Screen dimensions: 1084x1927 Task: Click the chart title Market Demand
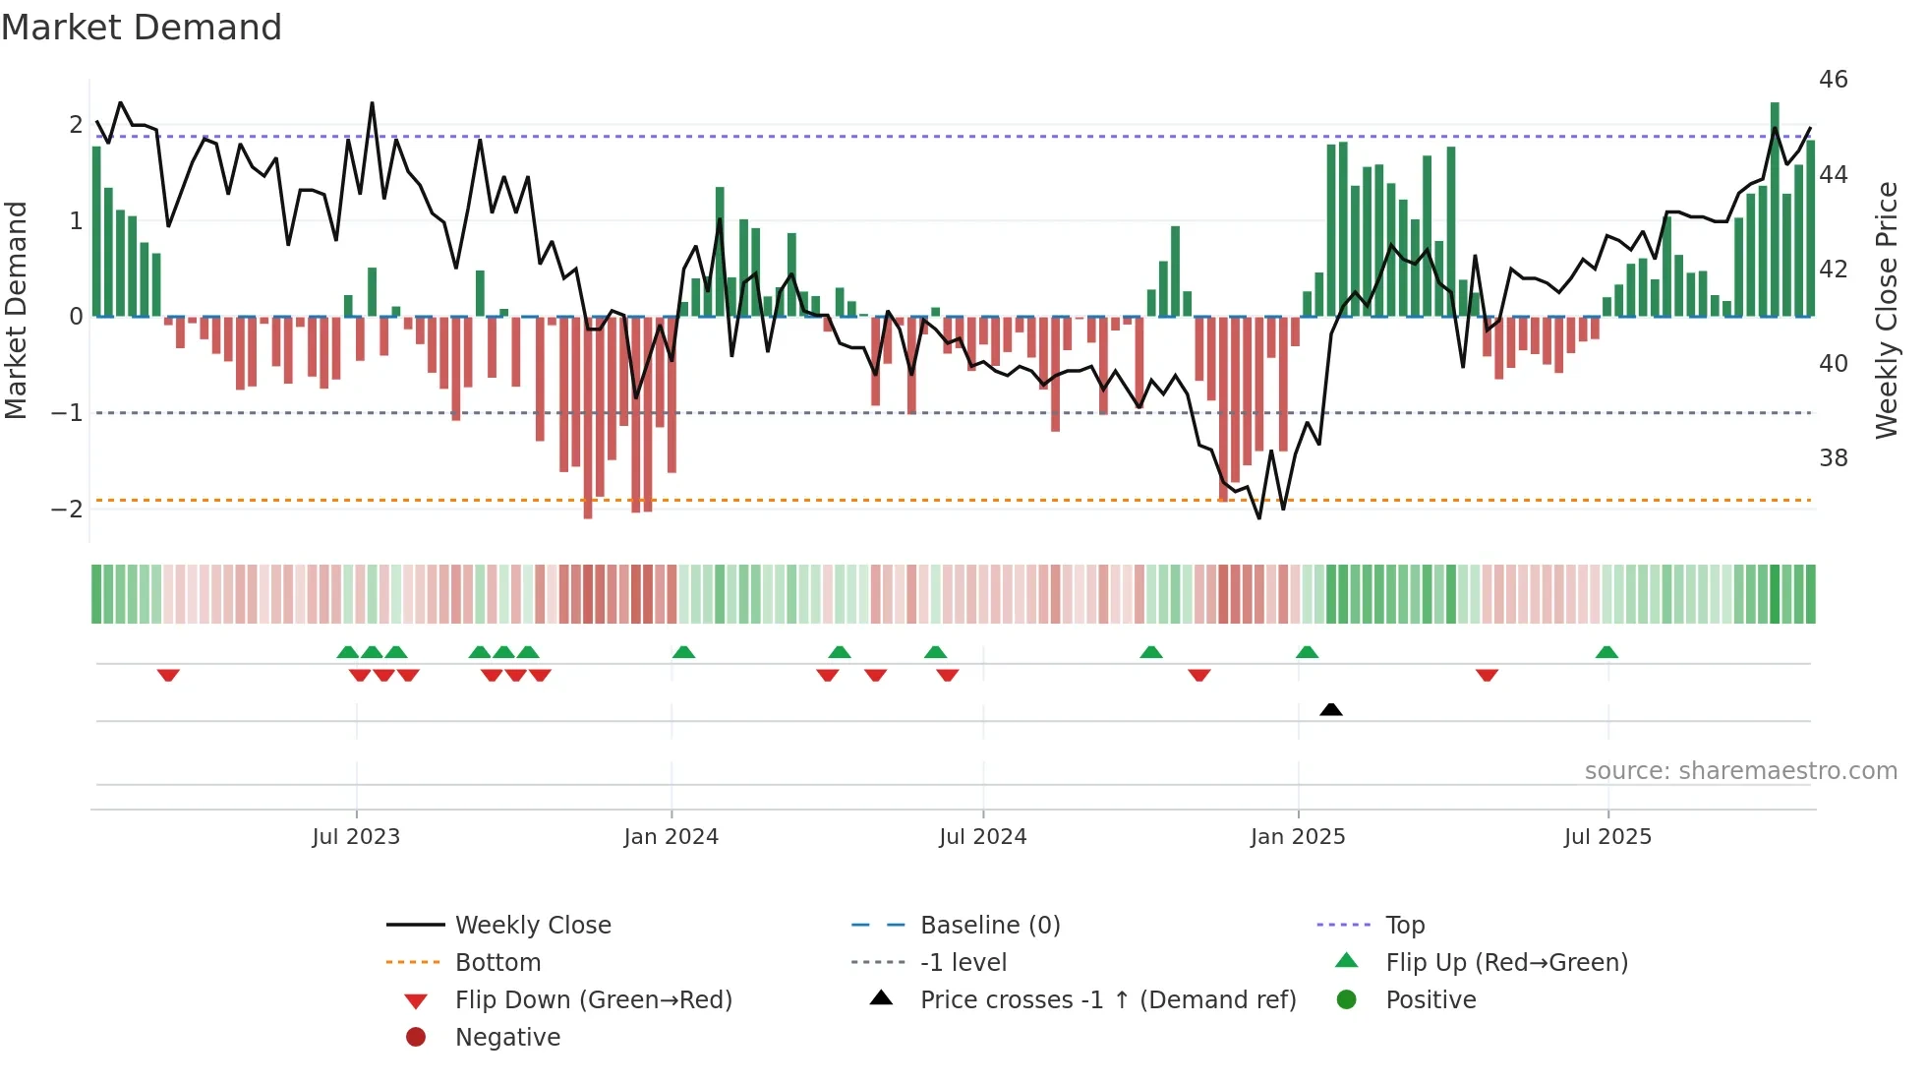(x=142, y=28)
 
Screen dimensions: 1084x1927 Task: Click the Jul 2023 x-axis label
(x=356, y=837)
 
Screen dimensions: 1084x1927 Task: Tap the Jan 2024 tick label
(x=672, y=837)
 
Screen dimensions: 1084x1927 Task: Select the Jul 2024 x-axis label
(x=983, y=837)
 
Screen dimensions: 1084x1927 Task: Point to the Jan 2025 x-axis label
(x=1298, y=837)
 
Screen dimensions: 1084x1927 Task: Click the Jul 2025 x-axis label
(x=1608, y=837)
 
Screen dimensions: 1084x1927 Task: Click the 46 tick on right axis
(x=1833, y=80)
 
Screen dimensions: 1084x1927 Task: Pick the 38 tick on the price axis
(x=1833, y=458)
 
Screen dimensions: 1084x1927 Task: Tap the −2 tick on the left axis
(x=67, y=510)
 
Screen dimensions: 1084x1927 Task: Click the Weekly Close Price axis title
(x=1886, y=310)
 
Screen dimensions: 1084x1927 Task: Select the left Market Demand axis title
(x=17, y=310)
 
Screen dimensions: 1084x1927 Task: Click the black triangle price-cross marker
(x=1331, y=709)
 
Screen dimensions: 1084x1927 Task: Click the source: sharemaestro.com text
(x=1740, y=771)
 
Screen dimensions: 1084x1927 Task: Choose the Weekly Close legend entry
(x=532, y=926)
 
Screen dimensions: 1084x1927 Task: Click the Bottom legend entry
(x=497, y=963)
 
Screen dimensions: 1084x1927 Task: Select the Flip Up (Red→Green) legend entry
(x=1506, y=963)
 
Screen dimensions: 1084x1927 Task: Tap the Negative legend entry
(x=507, y=1038)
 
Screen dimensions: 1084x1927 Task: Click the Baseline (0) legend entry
(x=990, y=926)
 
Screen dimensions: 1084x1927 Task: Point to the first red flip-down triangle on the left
(x=168, y=675)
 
